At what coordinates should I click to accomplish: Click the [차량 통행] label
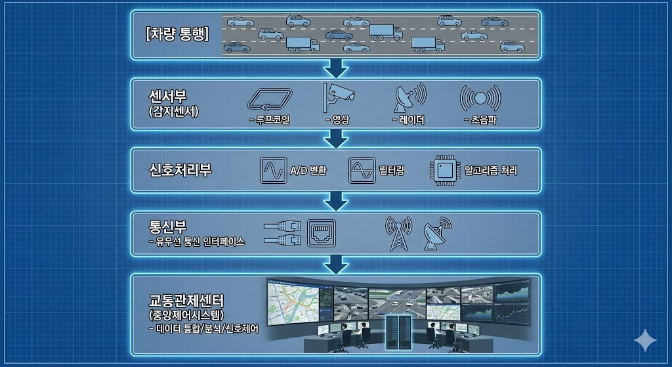coord(177,33)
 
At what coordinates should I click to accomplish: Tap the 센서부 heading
coord(168,96)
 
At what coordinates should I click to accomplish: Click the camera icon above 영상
coord(338,97)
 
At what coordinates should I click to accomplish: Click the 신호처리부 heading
coord(180,170)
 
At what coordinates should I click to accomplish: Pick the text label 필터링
coord(392,171)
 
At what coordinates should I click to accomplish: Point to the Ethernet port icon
coord(322,232)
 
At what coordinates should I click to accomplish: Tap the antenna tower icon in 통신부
coord(398,234)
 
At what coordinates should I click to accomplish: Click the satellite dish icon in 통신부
coord(435,234)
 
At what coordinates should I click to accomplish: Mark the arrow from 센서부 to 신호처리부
coord(336,138)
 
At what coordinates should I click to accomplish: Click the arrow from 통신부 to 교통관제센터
coord(336,264)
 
